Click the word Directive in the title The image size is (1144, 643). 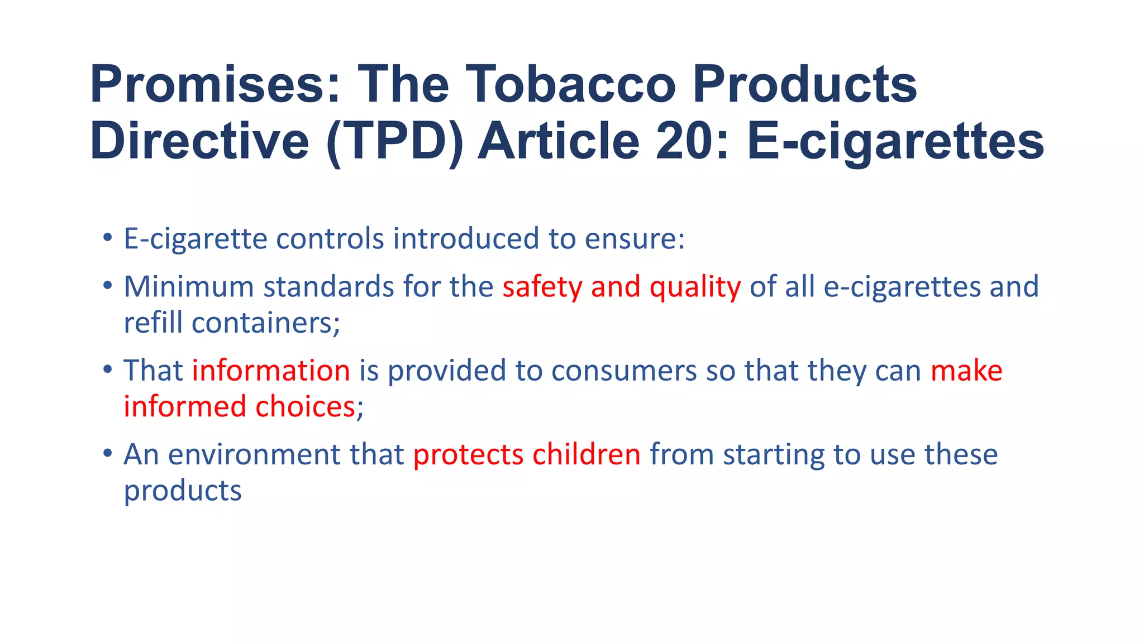tap(199, 142)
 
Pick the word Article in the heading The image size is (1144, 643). tap(559, 142)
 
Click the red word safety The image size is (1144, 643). tap(542, 287)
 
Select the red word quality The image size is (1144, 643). tap(695, 287)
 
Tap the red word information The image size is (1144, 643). tap(271, 371)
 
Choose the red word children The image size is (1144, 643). tap(587, 454)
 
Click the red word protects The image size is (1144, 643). tap(468, 454)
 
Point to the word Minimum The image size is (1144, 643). tap(189, 287)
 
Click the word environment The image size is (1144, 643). tap(254, 454)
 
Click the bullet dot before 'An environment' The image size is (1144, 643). tap(108, 453)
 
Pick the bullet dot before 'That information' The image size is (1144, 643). tap(108, 369)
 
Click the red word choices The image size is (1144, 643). tap(306, 407)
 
